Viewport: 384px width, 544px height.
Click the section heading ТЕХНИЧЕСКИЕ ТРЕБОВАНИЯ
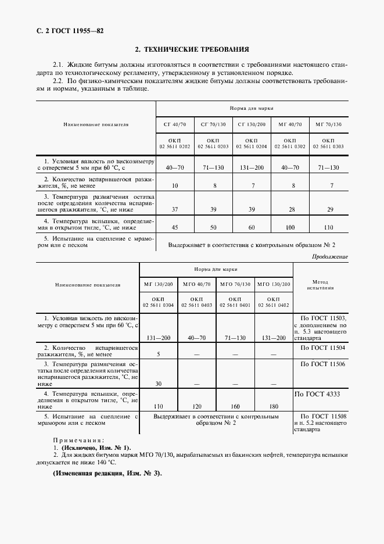[x=192, y=50]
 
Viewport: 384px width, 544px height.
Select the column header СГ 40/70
[x=175, y=124]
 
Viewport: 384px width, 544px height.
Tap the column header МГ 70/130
[x=328, y=124]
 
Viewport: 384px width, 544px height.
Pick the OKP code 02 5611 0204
[x=252, y=147]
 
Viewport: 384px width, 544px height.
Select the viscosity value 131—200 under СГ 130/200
[x=252, y=167]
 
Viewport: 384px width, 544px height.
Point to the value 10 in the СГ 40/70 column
[x=175, y=185]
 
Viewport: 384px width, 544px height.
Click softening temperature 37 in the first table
[x=175, y=209]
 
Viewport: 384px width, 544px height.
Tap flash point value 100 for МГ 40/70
[x=290, y=228]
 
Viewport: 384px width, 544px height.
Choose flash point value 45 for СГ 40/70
[x=175, y=228]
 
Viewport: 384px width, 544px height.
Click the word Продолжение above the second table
[x=330, y=256]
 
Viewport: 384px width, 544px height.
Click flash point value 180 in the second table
[x=274, y=407]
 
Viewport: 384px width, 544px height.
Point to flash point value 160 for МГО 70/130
[x=235, y=407]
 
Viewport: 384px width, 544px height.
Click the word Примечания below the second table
[x=78, y=441]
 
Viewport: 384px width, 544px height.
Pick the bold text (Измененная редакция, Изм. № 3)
[x=107, y=473]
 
